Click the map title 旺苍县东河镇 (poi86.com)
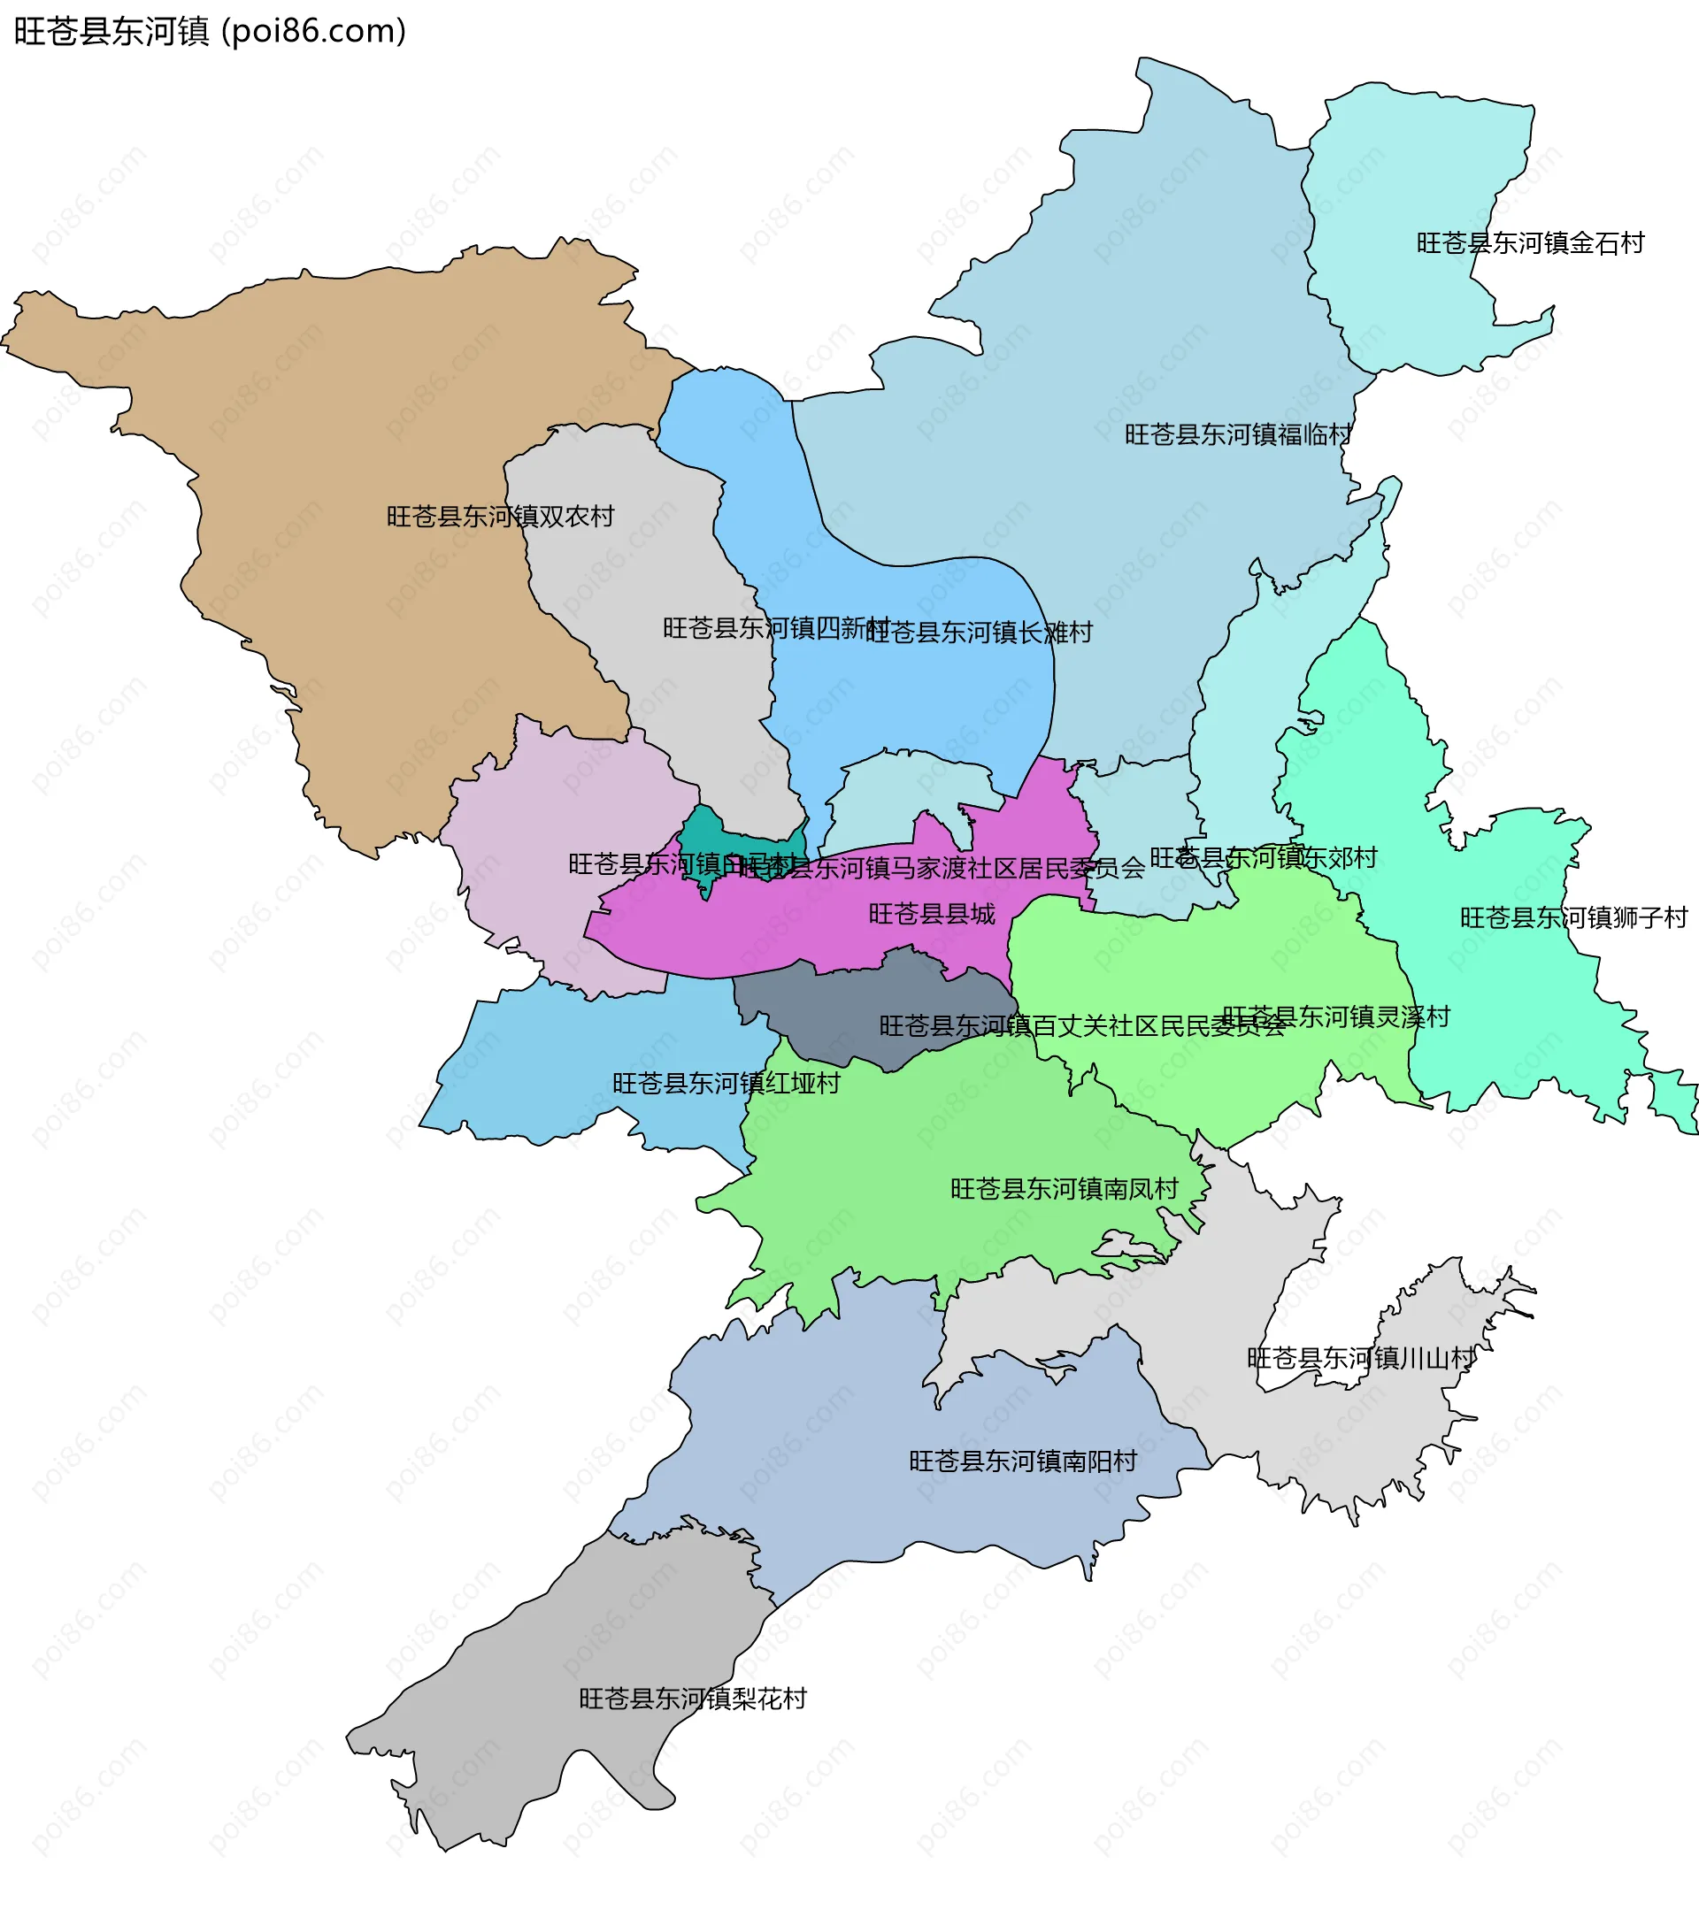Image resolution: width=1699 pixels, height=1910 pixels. (x=211, y=32)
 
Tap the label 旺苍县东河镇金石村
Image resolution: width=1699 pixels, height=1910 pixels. (x=1530, y=244)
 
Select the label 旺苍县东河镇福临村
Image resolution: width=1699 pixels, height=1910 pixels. (x=1237, y=435)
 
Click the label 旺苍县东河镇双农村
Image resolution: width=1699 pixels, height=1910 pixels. (x=500, y=517)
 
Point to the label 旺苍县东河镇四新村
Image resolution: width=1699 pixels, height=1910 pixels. (x=776, y=628)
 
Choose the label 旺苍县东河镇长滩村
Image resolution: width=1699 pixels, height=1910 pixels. (x=979, y=633)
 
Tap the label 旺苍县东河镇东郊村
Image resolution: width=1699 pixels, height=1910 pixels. (x=1263, y=858)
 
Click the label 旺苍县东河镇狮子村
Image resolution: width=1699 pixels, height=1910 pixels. (x=1573, y=917)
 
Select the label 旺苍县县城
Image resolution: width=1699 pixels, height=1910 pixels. (x=932, y=914)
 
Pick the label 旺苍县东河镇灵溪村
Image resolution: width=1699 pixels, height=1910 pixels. (x=1335, y=1016)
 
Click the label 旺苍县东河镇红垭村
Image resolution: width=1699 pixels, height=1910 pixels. (x=726, y=1083)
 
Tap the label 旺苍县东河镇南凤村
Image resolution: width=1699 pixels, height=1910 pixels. (x=1065, y=1189)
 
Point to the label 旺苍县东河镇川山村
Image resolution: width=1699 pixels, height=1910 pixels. (x=1361, y=1359)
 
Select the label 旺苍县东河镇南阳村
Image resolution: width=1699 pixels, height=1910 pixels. (x=1022, y=1461)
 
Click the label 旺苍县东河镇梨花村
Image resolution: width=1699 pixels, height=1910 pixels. (x=693, y=1699)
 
